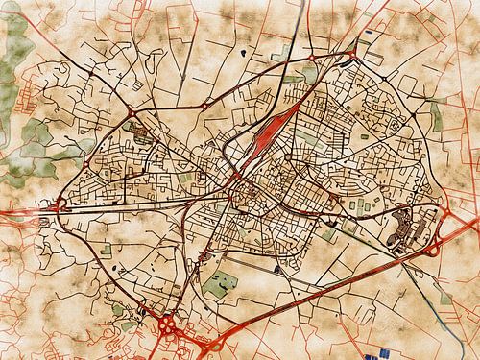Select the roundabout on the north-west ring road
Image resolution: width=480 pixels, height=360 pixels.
(131, 113)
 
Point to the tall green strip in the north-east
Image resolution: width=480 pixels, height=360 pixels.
(437, 116)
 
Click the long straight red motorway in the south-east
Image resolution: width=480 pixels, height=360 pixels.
(317, 288)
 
